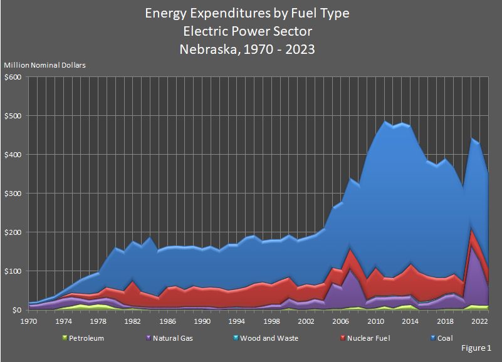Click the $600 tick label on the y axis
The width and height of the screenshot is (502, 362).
coord(13,77)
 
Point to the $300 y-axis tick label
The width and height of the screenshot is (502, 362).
coord(13,194)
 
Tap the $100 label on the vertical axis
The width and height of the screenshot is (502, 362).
coord(13,271)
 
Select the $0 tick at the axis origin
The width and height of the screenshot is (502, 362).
coord(17,310)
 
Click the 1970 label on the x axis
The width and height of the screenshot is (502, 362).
coord(29,321)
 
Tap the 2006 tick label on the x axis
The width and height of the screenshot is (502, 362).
coord(341,321)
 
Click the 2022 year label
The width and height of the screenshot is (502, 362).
coord(479,321)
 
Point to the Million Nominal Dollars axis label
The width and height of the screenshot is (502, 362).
coord(45,65)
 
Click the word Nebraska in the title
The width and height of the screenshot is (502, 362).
coord(208,48)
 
